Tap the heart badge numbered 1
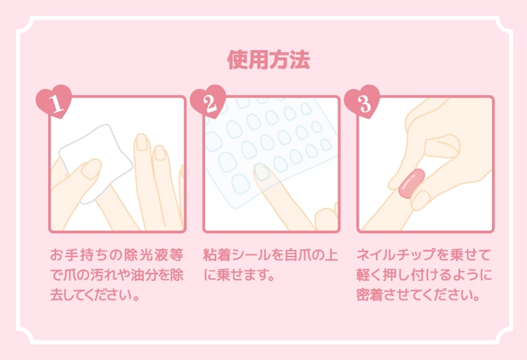point(53,103)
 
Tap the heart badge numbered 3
point(362,103)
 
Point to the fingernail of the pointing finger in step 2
point(263,172)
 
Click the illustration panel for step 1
point(117,164)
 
